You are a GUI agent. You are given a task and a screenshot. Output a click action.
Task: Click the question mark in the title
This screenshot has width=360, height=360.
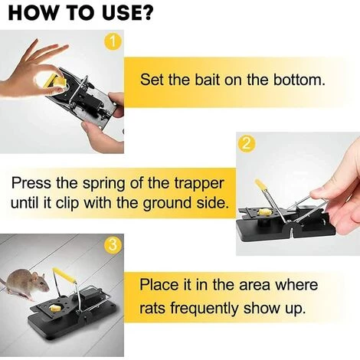point(147,13)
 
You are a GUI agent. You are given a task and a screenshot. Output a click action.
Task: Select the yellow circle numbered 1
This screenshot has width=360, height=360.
point(113,41)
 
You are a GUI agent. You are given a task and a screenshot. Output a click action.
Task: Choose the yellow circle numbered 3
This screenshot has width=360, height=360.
point(113,245)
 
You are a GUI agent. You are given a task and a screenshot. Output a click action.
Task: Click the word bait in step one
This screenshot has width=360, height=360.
point(208,80)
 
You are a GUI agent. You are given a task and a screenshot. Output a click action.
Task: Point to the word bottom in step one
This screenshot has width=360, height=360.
point(299,80)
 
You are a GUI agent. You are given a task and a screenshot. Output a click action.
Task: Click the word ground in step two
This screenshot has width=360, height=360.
point(166,203)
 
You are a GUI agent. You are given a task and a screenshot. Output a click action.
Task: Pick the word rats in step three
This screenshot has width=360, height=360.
point(152,308)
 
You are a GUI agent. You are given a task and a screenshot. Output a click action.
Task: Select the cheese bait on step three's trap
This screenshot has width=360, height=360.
point(56,309)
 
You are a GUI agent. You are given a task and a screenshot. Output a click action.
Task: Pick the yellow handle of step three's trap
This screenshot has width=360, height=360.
point(64,275)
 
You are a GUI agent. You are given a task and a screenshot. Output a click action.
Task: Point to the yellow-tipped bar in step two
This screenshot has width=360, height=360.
point(271,201)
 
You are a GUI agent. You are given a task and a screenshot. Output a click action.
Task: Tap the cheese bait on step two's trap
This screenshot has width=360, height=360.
point(264,211)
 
